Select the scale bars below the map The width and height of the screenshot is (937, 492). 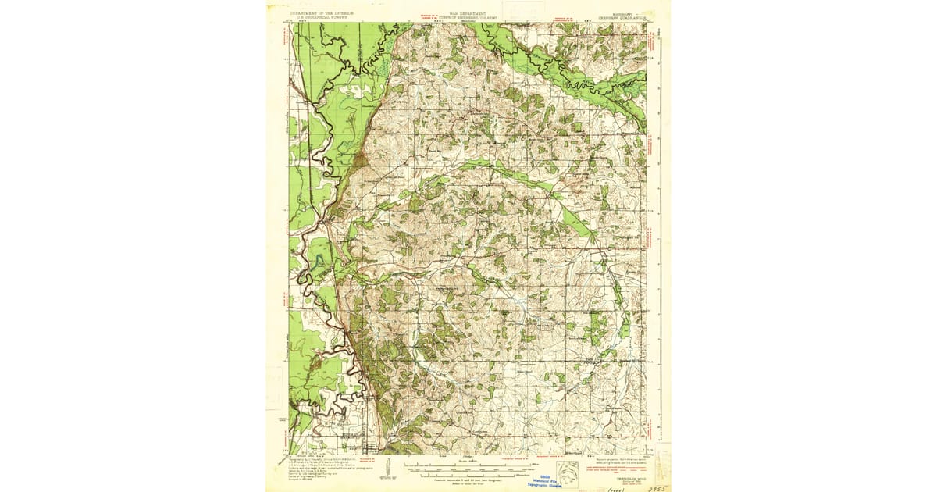click(x=468, y=470)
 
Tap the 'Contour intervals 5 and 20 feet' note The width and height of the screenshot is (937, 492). click(x=468, y=480)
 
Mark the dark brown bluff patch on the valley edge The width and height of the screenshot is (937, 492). click(x=359, y=162)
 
